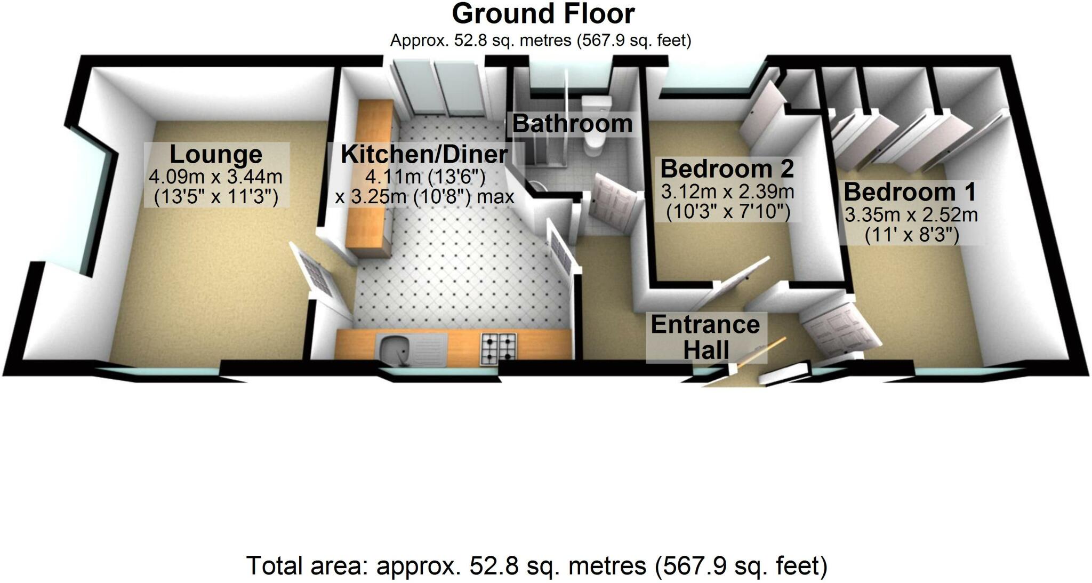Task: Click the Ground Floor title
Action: point(543,14)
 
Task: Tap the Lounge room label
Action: point(215,155)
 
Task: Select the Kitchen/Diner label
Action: point(424,155)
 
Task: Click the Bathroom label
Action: point(572,124)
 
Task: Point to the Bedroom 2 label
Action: point(727,169)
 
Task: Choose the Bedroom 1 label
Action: point(910,192)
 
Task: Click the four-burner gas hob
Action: point(499,349)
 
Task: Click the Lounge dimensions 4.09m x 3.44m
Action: point(215,177)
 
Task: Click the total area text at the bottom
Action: point(536,566)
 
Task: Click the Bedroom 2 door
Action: point(744,275)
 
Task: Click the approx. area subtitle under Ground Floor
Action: point(540,41)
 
